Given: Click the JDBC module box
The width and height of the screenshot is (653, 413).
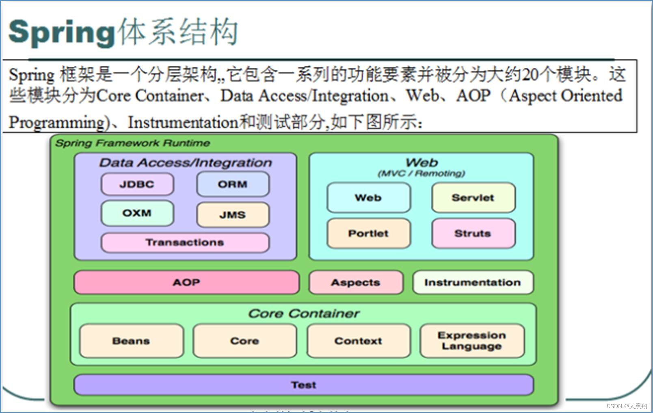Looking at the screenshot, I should tap(137, 184).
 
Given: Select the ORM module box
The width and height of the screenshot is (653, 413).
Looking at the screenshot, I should tap(233, 184).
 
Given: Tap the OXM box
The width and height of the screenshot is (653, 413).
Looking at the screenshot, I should tap(137, 213).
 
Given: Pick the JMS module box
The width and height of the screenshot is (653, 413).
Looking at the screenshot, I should tap(233, 215).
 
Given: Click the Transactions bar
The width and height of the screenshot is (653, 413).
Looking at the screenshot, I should tap(185, 242).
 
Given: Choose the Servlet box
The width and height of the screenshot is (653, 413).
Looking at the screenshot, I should tap(473, 198).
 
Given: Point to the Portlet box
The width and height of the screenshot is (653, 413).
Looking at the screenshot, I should tap(368, 234).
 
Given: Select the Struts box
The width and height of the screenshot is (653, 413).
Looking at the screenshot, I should tap(473, 234).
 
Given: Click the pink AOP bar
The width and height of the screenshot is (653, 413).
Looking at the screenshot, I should tap(186, 282).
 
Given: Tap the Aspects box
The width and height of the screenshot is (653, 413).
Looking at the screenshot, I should tap(356, 282).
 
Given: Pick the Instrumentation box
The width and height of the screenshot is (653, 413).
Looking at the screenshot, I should tap(473, 282).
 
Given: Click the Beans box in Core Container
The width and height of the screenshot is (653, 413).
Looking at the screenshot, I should tap(131, 341).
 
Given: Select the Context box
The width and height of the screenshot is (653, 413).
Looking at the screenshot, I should tap(358, 341).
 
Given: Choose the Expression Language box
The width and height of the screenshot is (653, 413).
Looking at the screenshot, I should tap(472, 341).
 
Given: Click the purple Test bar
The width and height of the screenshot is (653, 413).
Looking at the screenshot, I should tap(303, 385).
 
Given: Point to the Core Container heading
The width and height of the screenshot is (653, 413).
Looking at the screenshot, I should tap(304, 314).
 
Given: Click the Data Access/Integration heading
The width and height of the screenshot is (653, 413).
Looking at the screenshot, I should tap(186, 163).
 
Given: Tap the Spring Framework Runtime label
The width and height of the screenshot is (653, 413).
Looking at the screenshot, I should tap(133, 143).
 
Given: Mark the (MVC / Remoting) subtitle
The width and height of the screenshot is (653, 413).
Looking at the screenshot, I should tap(422, 173).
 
